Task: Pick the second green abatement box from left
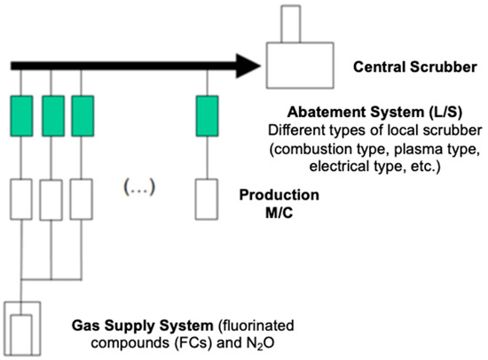pyautogui.click(x=53, y=116)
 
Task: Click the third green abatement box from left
pyautogui.click(x=83, y=116)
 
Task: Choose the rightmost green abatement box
pyautogui.click(x=207, y=116)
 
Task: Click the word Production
pyautogui.click(x=283, y=193)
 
